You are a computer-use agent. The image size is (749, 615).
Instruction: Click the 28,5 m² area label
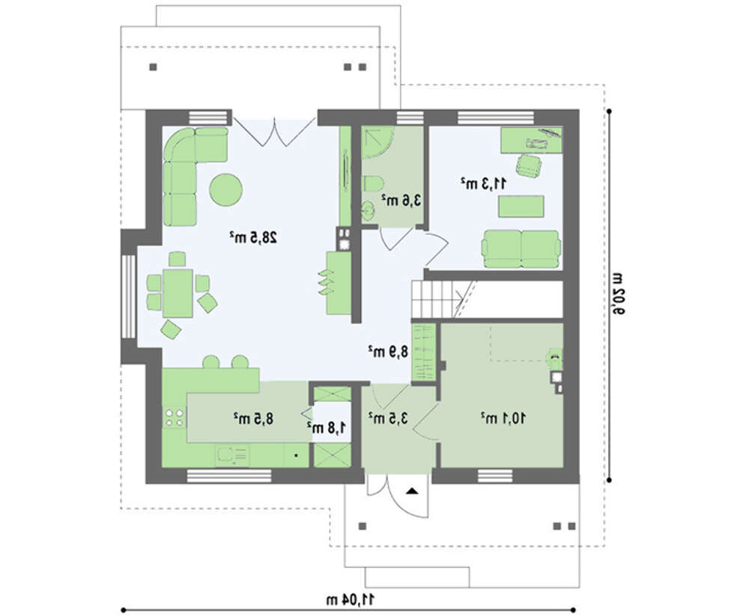click(253, 237)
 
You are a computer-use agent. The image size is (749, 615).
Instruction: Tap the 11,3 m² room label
click(484, 183)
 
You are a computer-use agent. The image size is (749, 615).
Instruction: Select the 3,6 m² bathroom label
click(401, 201)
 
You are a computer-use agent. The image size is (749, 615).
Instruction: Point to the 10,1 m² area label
click(503, 418)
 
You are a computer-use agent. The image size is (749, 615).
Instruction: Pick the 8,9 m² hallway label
click(388, 352)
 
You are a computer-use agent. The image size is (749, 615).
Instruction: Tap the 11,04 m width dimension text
click(351, 599)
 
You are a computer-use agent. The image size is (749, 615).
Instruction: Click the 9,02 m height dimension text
click(618, 294)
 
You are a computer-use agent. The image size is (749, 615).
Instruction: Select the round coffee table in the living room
click(226, 189)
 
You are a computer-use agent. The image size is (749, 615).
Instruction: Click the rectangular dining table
click(178, 293)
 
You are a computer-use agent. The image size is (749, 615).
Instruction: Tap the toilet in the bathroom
click(372, 184)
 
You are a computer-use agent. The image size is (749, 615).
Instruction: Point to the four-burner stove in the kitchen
click(174, 417)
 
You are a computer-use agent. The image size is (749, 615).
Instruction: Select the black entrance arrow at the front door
click(411, 491)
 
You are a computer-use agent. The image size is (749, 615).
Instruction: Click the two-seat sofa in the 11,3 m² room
click(521, 249)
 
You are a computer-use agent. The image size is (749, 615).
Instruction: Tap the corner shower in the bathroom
click(377, 142)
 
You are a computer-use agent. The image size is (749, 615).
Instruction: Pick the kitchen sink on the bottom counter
click(232, 456)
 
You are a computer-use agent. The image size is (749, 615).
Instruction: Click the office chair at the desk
click(529, 165)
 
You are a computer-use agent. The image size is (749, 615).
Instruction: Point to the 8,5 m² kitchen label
click(254, 419)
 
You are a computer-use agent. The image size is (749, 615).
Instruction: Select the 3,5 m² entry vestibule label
click(388, 418)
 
